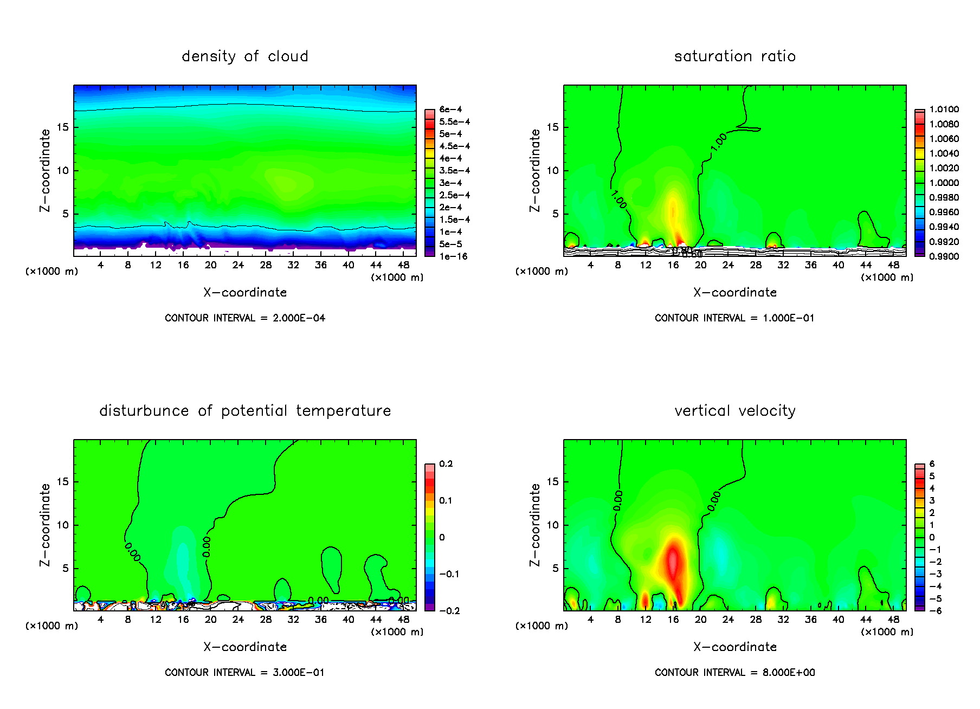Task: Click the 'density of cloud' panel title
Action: (245, 56)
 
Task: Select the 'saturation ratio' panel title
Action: (734, 56)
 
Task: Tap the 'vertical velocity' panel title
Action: (734, 411)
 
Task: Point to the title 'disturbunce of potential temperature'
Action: (245, 411)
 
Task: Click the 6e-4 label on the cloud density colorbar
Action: (450, 109)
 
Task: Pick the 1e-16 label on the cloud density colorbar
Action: (453, 256)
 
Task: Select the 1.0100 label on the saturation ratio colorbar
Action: (944, 109)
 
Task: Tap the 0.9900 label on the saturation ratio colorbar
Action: (944, 256)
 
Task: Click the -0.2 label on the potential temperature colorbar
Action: (449, 611)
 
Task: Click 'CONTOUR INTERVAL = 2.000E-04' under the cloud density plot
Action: (245, 318)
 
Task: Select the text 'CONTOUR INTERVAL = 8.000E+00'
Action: (734, 673)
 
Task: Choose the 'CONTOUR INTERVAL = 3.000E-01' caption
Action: (245, 673)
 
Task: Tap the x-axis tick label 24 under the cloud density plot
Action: (238, 265)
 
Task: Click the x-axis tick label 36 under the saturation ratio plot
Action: (810, 265)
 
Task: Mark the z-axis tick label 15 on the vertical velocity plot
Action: (552, 482)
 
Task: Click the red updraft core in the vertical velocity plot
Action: (673, 561)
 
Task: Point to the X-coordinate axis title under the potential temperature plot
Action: (245, 647)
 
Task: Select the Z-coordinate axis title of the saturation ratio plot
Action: (535, 170)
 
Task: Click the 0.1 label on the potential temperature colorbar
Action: (446, 500)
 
